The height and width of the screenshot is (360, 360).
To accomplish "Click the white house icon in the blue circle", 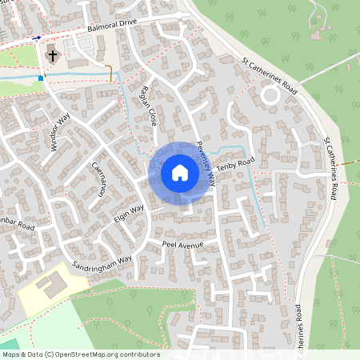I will [x=179, y=173].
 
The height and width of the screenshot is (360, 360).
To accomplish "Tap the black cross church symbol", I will [x=53, y=56].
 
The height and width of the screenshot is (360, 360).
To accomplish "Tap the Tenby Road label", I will [x=238, y=164].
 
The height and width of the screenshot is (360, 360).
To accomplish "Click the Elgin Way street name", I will [x=128, y=214].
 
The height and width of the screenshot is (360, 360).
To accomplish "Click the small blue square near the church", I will [x=40, y=78].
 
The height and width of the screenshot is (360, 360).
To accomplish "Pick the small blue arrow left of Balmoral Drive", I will [x=37, y=38].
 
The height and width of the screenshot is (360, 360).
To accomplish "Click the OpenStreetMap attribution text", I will [x=80, y=354].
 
